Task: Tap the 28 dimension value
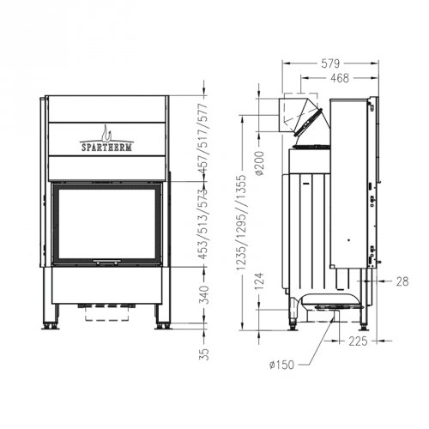pos(402,281)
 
